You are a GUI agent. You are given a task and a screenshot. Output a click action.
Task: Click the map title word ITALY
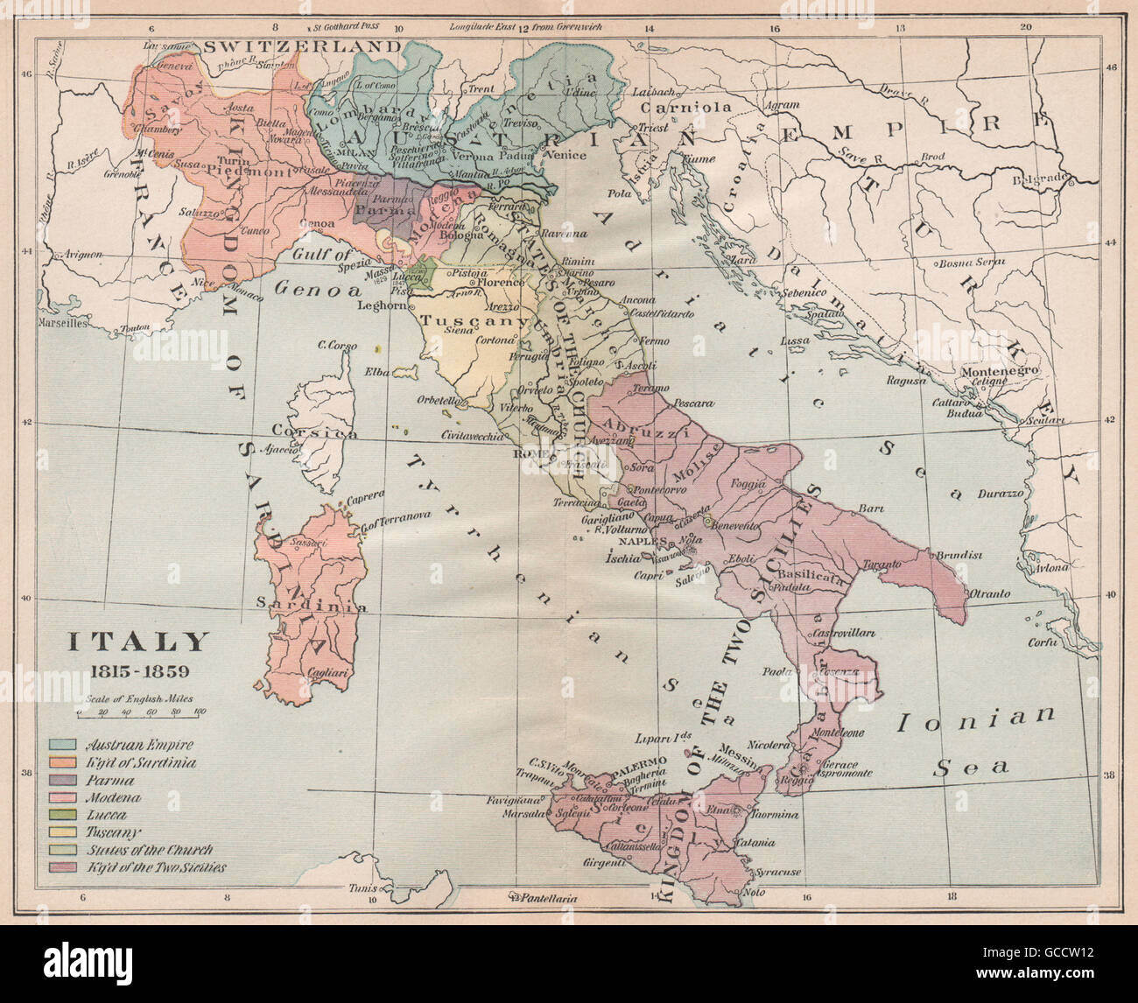(x=140, y=642)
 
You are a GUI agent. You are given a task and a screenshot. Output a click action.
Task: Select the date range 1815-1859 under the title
(x=140, y=674)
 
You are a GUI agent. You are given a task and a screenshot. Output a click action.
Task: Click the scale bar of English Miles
(x=140, y=713)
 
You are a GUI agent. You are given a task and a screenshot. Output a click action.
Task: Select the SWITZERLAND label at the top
(x=290, y=46)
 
